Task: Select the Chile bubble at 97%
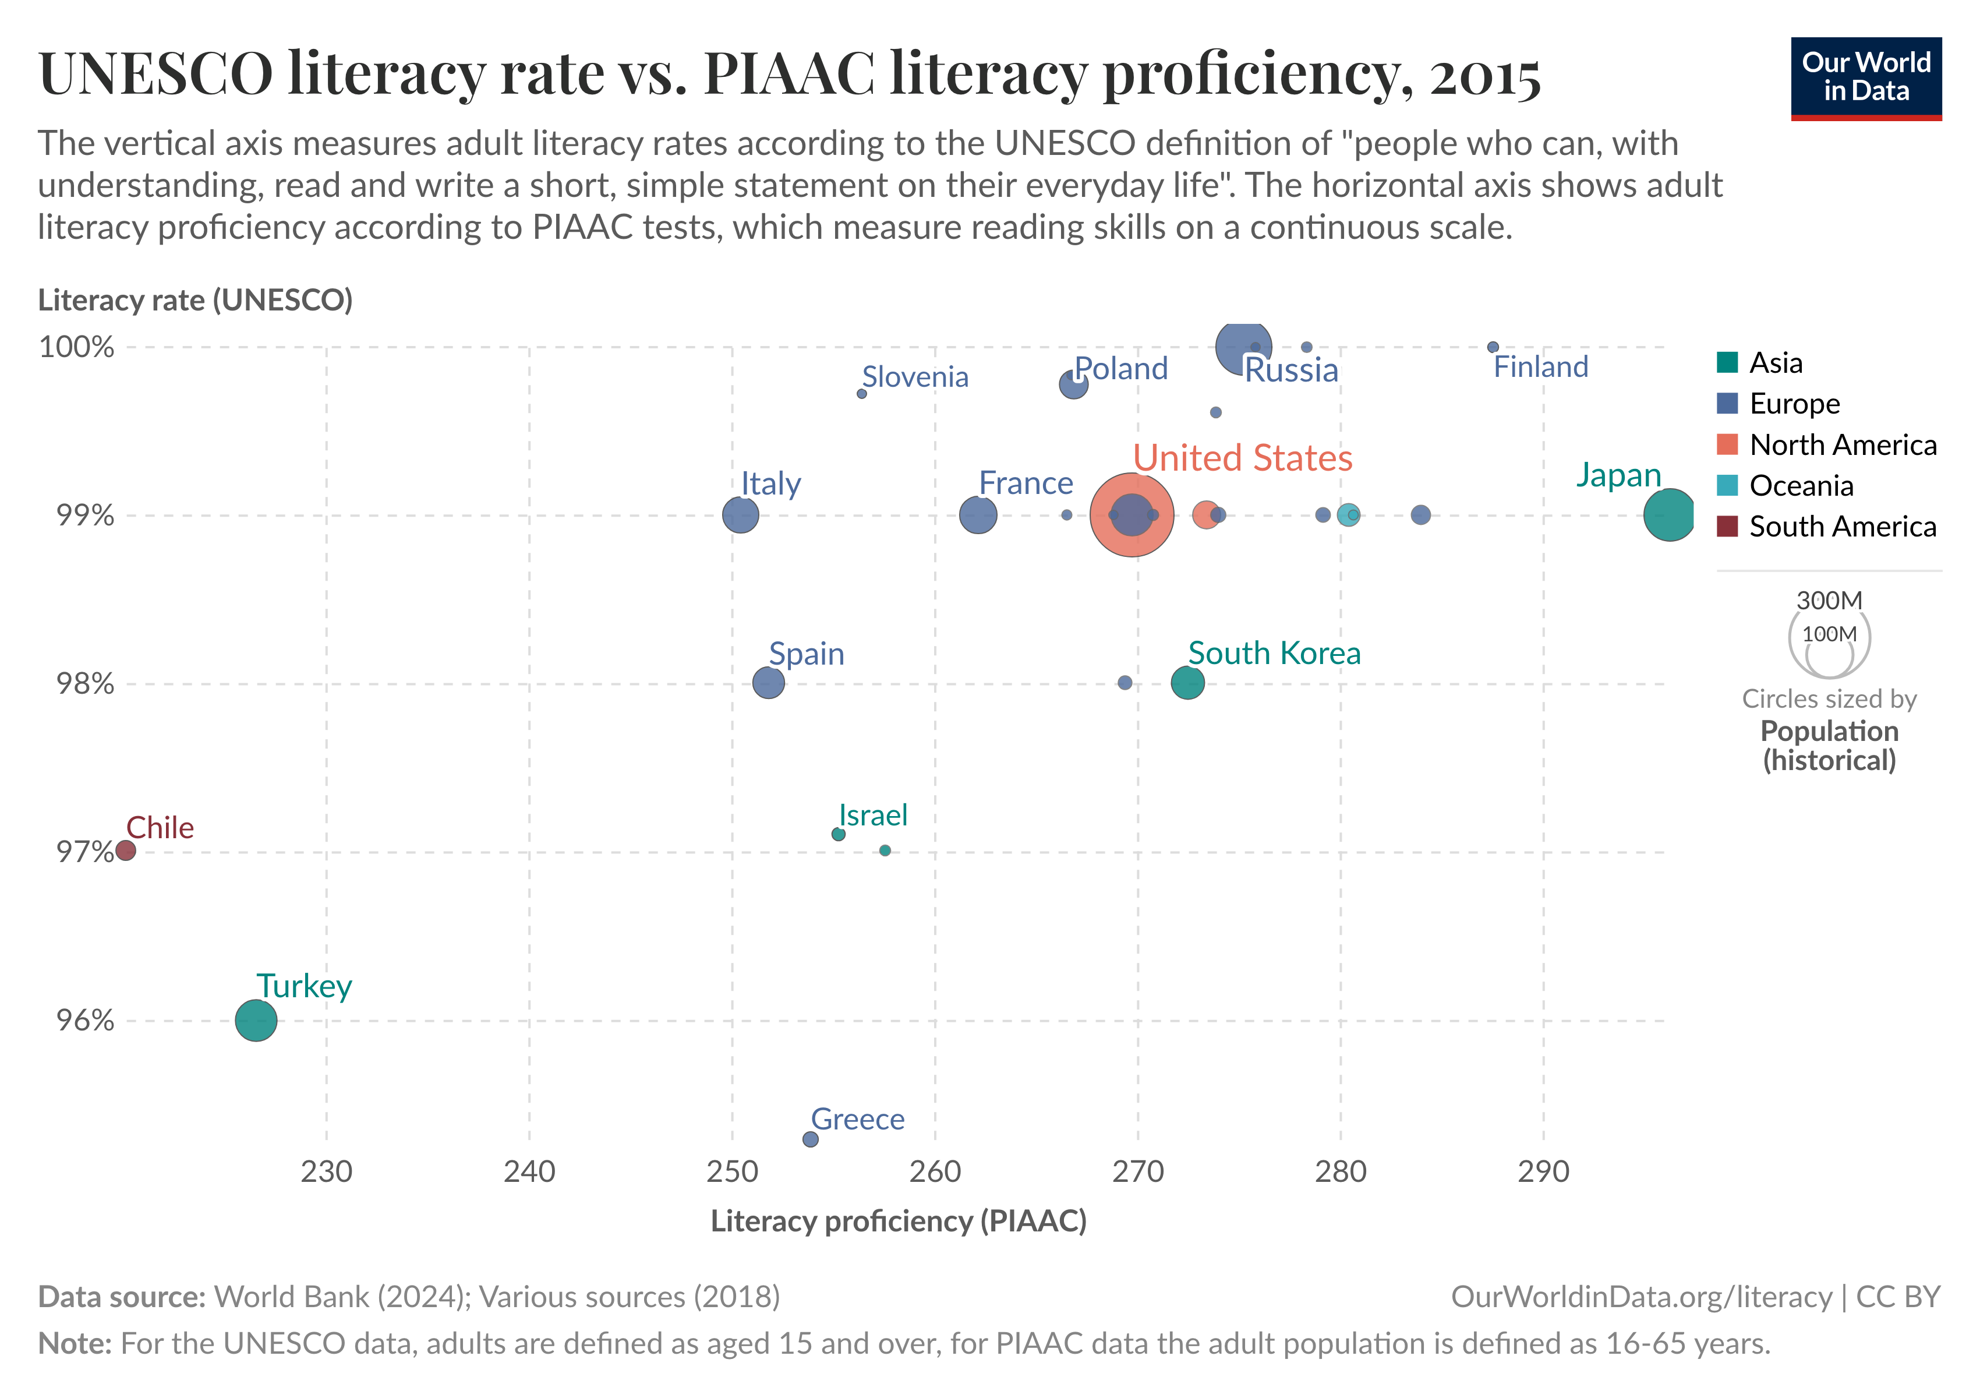click(125, 851)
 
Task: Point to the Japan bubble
click(1668, 515)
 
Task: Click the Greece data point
click(810, 1139)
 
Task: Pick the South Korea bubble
click(1187, 683)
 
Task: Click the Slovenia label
click(915, 377)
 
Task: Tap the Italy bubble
click(740, 516)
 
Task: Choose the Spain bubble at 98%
click(768, 683)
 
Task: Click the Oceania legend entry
click(1801, 486)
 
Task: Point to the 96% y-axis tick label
click(84, 1021)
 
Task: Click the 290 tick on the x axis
click(1543, 1171)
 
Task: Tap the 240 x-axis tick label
click(529, 1171)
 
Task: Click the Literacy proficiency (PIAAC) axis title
click(898, 1221)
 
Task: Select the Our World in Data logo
click(1865, 77)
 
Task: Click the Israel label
click(873, 815)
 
